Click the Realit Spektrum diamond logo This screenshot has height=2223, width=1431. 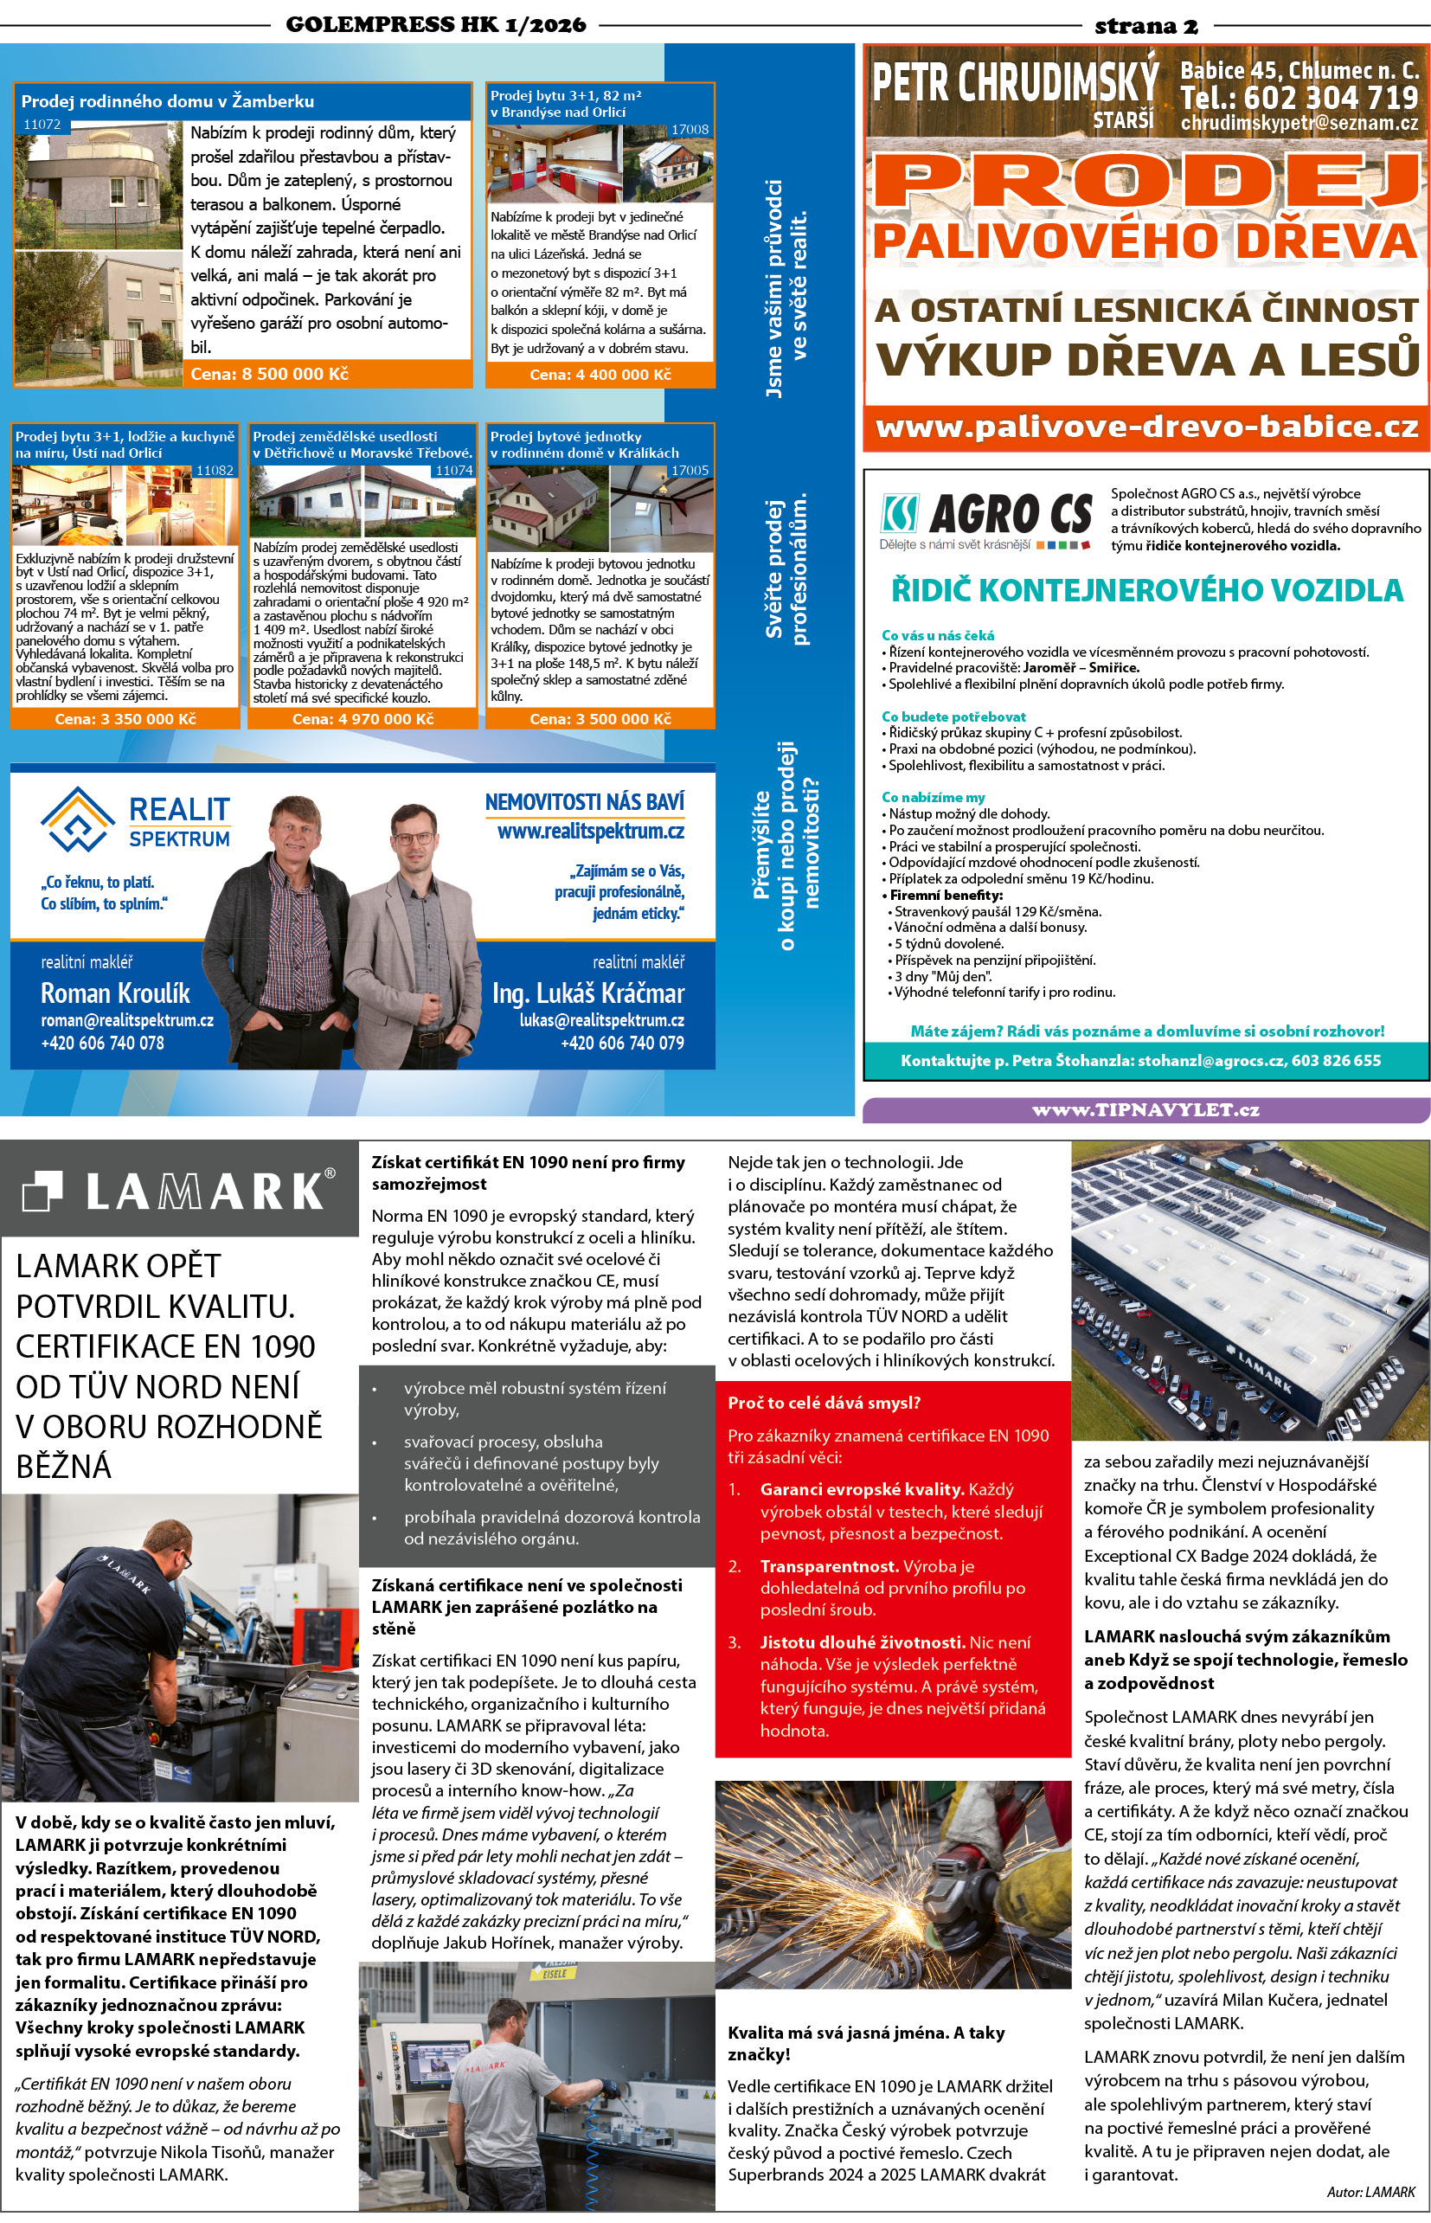(x=78, y=819)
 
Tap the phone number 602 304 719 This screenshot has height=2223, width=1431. (x=1299, y=97)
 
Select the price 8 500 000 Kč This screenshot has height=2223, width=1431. (x=268, y=374)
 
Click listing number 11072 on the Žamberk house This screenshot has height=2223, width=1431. (x=42, y=125)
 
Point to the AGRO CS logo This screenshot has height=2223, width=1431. (x=986, y=518)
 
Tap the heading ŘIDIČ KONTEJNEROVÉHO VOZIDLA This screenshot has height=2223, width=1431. (x=1145, y=590)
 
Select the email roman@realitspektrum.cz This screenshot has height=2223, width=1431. (x=127, y=1019)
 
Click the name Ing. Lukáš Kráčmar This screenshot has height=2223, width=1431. (x=588, y=993)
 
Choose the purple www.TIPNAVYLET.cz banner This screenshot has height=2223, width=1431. (x=1145, y=1109)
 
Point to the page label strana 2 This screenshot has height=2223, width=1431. (x=1145, y=25)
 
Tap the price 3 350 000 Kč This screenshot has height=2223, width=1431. (x=125, y=718)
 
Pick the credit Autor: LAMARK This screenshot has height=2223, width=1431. (x=1370, y=2191)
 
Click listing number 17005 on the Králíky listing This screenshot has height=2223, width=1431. (x=690, y=470)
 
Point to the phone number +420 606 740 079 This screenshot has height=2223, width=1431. (x=622, y=1043)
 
